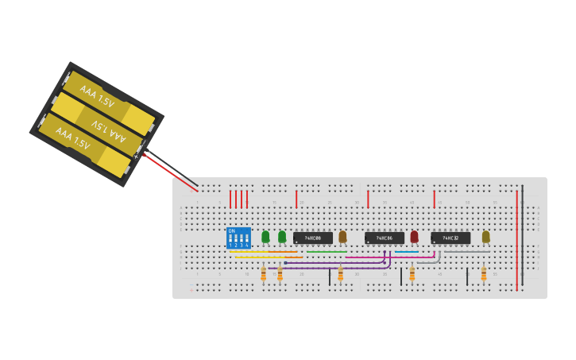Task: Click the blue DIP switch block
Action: pyautogui.click(x=238, y=238)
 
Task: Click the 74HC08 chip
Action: pyautogui.click(x=313, y=238)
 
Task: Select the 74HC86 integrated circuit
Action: pyautogui.click(x=385, y=238)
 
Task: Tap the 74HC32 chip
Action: pyautogui.click(x=450, y=238)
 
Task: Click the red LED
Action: pyautogui.click(x=414, y=236)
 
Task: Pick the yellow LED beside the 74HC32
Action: pyautogui.click(x=485, y=236)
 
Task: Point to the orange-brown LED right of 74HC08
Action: pyautogui.click(x=342, y=236)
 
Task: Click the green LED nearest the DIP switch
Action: pyautogui.click(x=265, y=236)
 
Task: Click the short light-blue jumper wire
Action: pyautogui.click(x=406, y=252)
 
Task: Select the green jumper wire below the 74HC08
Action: pyautogui.click(x=326, y=252)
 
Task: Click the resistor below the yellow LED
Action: pyautogui.click(x=483, y=273)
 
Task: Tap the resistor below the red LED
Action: pyautogui.click(x=412, y=273)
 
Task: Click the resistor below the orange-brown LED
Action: pyautogui.click(x=340, y=273)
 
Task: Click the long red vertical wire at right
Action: pyautogui.click(x=517, y=238)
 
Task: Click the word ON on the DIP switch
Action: pyautogui.click(x=231, y=231)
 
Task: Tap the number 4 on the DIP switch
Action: pyautogui.click(x=248, y=246)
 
